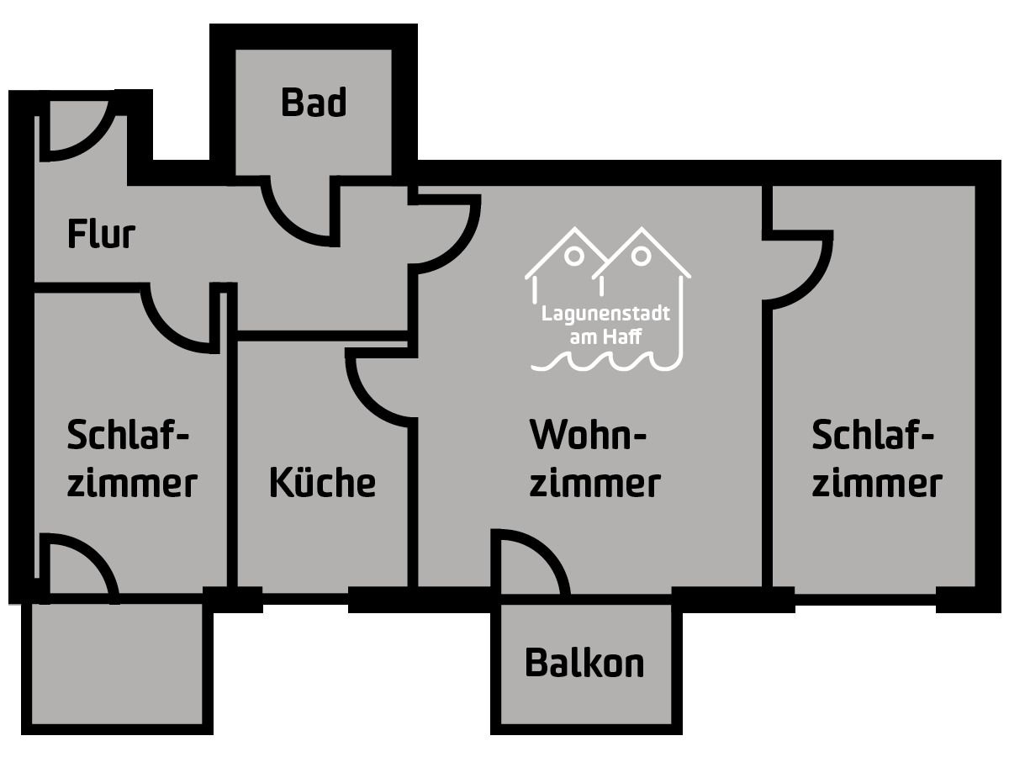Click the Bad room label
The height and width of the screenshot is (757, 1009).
point(313,103)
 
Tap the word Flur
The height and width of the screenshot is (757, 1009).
point(101,235)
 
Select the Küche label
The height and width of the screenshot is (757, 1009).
point(322,483)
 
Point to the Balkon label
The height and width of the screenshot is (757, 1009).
point(584,663)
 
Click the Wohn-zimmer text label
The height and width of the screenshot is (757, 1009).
point(594,459)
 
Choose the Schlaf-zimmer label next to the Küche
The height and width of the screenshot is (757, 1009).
point(131,459)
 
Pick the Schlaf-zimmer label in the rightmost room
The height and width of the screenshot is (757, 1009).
point(876,459)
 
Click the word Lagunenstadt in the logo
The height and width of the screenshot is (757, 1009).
point(606,315)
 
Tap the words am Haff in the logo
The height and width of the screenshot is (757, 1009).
point(606,336)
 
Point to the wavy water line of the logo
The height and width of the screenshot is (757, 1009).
point(606,363)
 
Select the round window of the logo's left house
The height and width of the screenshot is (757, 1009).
point(575,253)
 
